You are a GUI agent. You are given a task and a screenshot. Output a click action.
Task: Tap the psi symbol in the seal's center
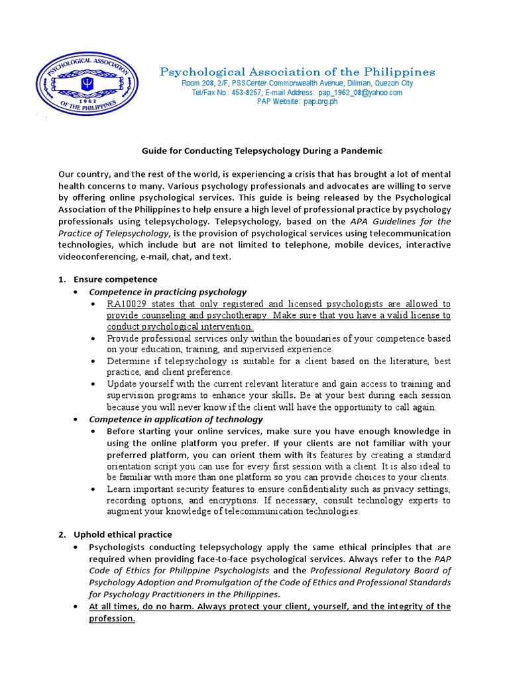(87, 84)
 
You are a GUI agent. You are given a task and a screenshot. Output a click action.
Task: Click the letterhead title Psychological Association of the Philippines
(298, 72)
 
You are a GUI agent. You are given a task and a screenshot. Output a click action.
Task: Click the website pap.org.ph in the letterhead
(320, 103)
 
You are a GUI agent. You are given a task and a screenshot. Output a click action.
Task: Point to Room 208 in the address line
(198, 83)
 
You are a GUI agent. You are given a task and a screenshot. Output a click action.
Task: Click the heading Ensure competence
(115, 279)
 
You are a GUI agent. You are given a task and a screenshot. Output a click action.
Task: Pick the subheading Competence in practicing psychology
(168, 292)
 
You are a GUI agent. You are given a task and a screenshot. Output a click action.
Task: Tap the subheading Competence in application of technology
(176, 419)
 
